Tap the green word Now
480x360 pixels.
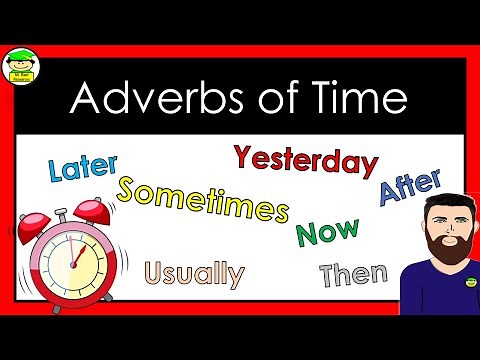[x=327, y=231]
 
